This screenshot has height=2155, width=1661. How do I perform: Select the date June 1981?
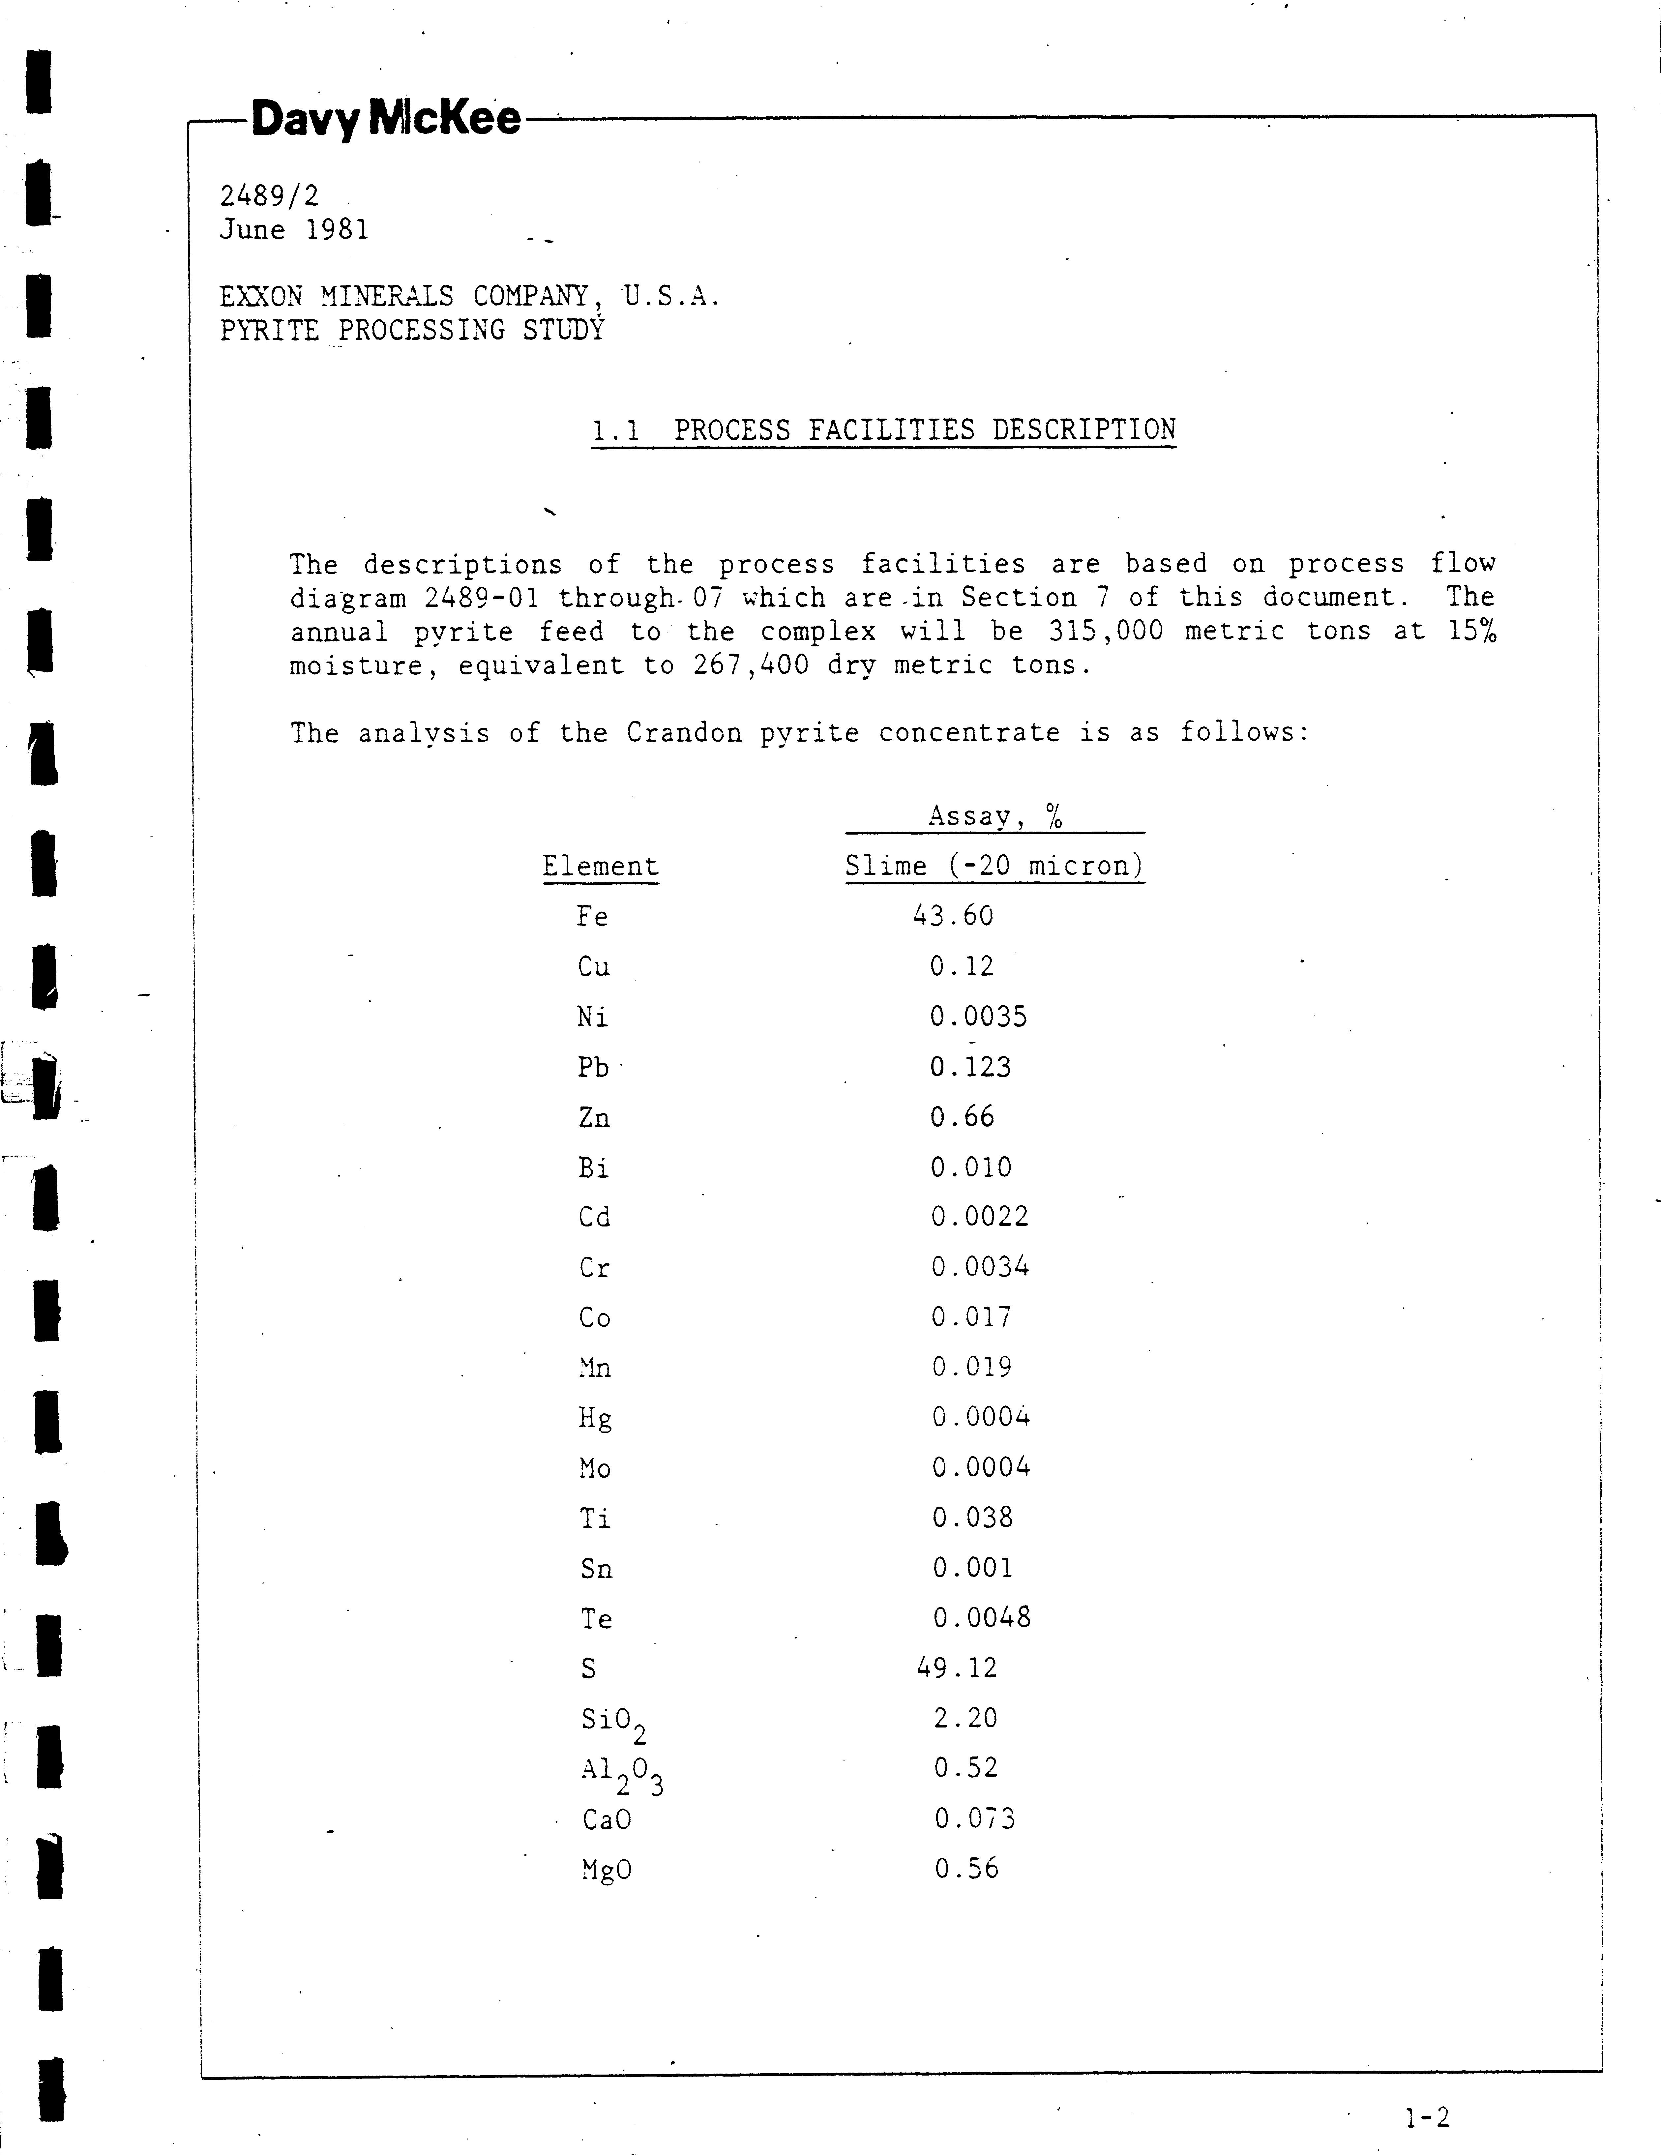[294, 230]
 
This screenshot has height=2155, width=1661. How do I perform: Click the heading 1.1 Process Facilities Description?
[883, 430]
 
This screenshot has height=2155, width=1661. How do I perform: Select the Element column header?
[600, 866]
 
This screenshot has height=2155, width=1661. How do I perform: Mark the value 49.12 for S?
[956, 1668]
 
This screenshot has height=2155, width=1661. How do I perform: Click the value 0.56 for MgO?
[966, 1868]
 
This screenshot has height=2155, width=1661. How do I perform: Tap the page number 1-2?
[1427, 2116]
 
